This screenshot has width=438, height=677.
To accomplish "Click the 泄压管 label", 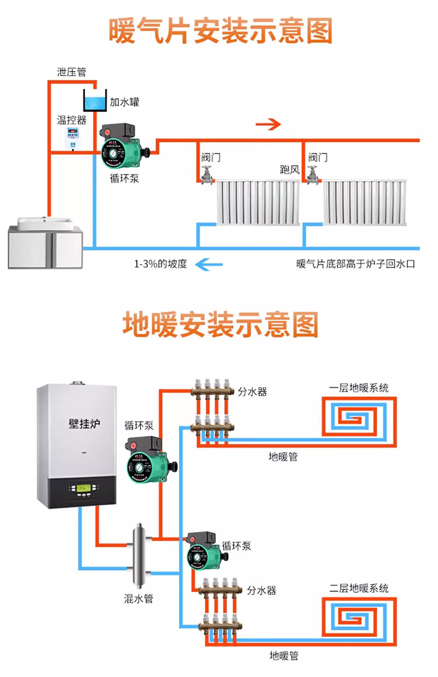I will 72,72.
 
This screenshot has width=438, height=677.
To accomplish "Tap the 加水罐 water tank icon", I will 94,101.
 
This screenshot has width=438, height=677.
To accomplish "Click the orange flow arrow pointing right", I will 268,124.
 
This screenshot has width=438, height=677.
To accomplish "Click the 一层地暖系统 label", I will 359,388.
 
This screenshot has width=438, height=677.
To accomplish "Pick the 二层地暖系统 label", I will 359,588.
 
